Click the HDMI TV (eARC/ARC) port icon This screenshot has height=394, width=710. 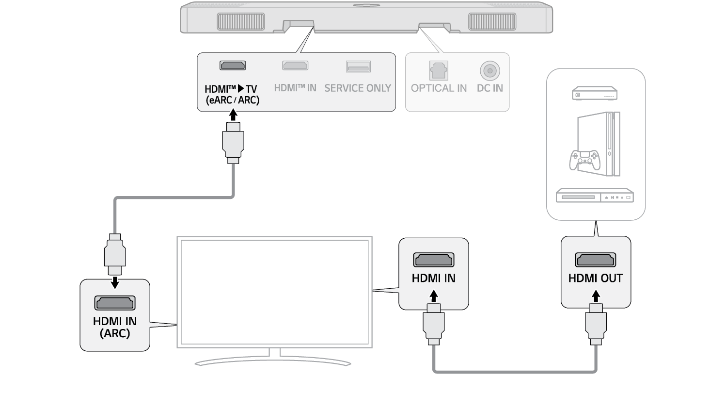(233, 66)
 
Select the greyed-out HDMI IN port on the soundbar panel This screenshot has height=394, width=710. (295, 66)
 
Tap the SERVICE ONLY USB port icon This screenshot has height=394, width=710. (358, 66)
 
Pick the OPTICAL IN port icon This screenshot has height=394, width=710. (439, 70)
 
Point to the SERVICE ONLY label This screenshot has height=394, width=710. (358, 88)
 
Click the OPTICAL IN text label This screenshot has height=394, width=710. (439, 88)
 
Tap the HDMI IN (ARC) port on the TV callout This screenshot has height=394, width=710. (115, 303)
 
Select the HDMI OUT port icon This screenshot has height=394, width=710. (595, 261)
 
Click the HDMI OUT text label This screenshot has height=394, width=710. (595, 279)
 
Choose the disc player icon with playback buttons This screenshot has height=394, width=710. (595, 197)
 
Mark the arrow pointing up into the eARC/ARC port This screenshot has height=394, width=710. (233, 114)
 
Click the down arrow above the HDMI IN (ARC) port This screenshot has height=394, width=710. (115, 282)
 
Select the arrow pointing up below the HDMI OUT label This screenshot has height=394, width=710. (596, 295)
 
